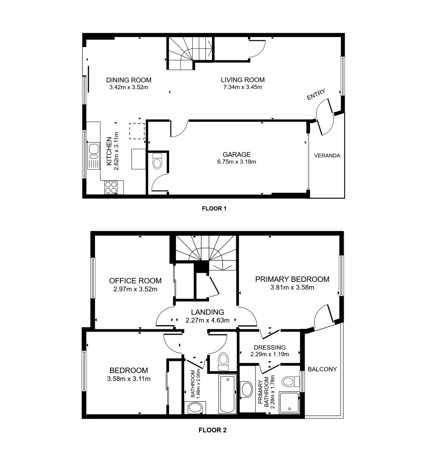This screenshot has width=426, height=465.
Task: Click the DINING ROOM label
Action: pos(128,80)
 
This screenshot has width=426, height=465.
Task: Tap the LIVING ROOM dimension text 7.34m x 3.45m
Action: pos(242,87)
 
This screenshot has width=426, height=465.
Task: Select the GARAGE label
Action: pos(236,155)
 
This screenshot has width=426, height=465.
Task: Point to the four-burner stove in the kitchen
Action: pos(111,187)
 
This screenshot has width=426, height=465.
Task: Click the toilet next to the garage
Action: pos(157,162)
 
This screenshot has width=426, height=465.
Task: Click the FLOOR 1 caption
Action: pos(214,209)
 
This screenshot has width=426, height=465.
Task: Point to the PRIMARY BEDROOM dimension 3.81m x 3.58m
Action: pos(292,288)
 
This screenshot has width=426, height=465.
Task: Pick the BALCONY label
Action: pos(322,369)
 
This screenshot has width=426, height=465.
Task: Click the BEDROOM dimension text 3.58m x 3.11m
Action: pos(128,379)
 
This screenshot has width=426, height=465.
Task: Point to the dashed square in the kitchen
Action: pos(137,131)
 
